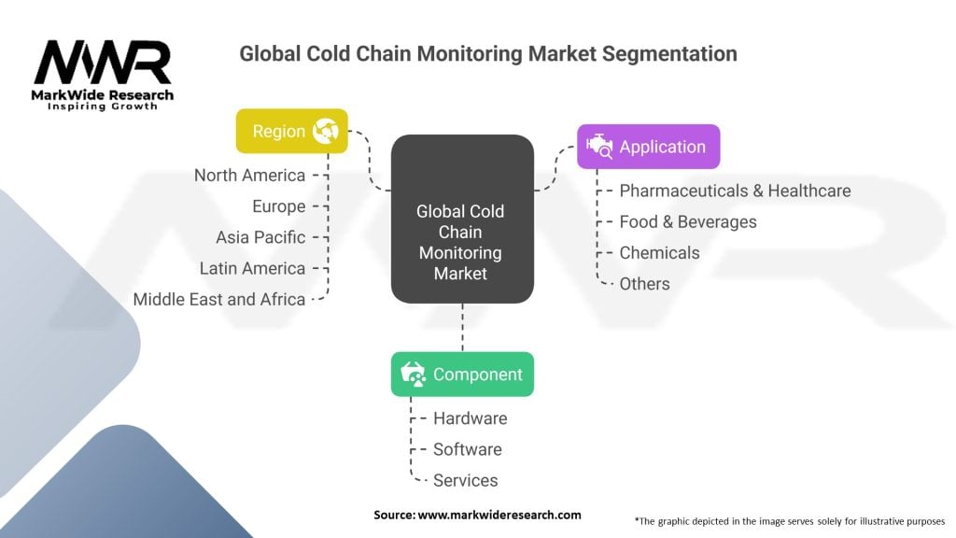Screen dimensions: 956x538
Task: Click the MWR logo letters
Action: pyautogui.click(x=103, y=63)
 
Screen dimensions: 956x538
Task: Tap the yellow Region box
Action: pyautogui.click(x=291, y=131)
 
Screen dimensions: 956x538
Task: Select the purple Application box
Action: pyautogui.click(x=648, y=147)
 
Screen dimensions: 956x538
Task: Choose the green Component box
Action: pyautogui.click(x=462, y=375)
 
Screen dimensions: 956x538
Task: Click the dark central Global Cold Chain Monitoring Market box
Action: pyautogui.click(x=461, y=219)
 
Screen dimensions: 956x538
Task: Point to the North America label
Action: pyautogui.click(x=249, y=176)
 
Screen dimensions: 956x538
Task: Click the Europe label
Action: pyautogui.click(x=278, y=206)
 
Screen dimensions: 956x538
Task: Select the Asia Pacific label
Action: pyautogui.click(x=260, y=237)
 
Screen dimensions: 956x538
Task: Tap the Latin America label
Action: pyautogui.click(x=252, y=268)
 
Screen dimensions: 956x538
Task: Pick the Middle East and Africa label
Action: pyautogui.click(x=219, y=299)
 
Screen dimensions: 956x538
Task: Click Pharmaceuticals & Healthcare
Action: pyautogui.click(x=735, y=191)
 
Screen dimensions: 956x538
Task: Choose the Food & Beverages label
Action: pyautogui.click(x=688, y=221)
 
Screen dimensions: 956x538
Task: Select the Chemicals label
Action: pyautogui.click(x=659, y=252)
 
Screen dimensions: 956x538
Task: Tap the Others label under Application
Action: pyautogui.click(x=644, y=283)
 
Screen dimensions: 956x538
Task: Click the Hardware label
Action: pyautogui.click(x=470, y=418)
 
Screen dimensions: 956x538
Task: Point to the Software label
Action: pyautogui.click(x=467, y=449)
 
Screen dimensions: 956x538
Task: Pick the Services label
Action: pyautogui.click(x=465, y=480)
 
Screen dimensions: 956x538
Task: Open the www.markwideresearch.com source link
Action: pyautogui.click(x=499, y=515)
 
